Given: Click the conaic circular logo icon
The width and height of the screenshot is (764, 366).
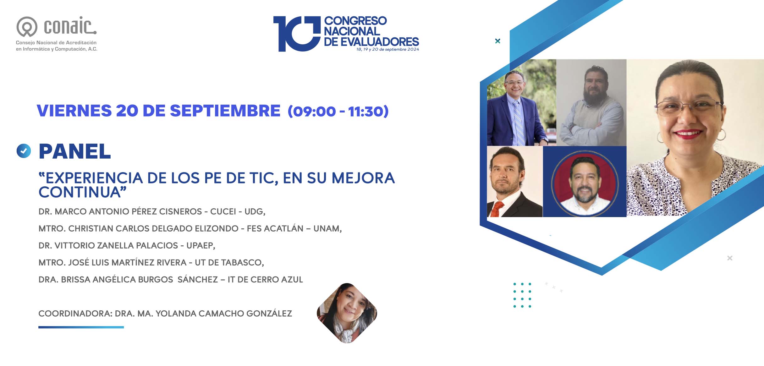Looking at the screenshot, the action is (x=27, y=27).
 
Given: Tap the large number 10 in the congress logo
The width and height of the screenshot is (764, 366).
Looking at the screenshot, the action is (x=297, y=34).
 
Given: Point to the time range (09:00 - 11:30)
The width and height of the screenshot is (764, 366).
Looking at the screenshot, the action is (x=338, y=111).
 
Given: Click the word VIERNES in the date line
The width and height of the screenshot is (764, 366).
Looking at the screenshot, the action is (x=74, y=111).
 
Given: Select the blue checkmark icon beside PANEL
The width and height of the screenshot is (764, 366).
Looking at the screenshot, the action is (x=24, y=151).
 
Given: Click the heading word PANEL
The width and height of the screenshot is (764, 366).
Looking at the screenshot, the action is (x=75, y=151).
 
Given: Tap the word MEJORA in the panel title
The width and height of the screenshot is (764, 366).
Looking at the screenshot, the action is (x=363, y=178).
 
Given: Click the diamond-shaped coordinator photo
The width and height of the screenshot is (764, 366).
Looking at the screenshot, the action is (x=347, y=313).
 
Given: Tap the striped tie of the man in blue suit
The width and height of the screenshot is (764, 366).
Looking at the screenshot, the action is (x=519, y=123).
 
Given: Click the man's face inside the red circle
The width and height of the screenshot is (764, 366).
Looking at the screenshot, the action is (x=584, y=183).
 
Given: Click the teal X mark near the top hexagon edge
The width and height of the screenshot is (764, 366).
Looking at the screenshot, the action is (x=497, y=41).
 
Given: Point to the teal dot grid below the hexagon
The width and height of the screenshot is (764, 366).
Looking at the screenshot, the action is (x=522, y=295).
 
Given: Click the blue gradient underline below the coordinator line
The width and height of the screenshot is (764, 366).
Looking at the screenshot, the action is (x=81, y=327).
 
